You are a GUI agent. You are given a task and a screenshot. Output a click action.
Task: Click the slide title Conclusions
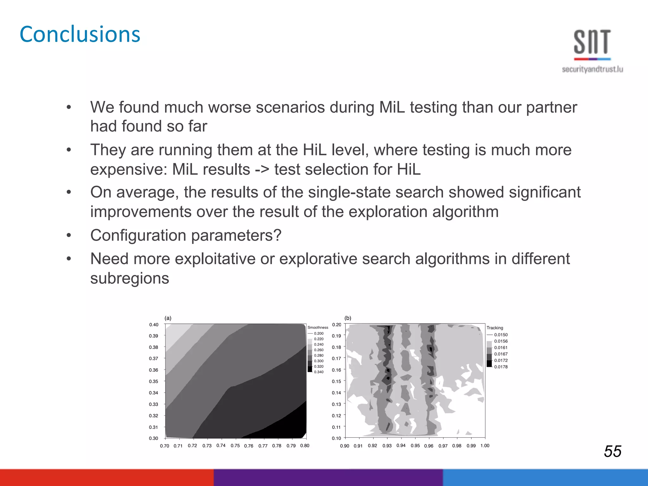(80, 34)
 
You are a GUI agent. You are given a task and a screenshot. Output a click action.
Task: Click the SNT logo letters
(592, 42)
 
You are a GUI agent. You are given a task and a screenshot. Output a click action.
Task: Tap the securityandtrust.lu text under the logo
(592, 69)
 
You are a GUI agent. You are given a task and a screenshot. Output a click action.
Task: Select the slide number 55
(612, 451)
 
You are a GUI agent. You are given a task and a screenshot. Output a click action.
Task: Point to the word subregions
(130, 278)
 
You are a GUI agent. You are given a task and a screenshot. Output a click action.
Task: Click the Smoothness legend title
(318, 327)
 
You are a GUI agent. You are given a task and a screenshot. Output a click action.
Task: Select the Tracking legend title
(495, 328)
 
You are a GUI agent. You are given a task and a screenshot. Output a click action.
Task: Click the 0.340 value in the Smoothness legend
(319, 372)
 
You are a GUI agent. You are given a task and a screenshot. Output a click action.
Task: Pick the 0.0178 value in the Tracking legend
(501, 367)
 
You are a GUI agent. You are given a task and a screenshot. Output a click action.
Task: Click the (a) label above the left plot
(168, 318)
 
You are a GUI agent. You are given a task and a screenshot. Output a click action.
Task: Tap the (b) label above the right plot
(348, 318)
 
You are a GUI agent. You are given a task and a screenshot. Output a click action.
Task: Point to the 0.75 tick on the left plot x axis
(235, 446)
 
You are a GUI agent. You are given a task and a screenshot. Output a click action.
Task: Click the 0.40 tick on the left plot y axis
(154, 325)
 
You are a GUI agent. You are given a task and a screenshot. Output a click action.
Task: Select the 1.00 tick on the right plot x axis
(485, 446)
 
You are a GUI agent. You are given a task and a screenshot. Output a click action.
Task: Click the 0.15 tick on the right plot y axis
(336, 382)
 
